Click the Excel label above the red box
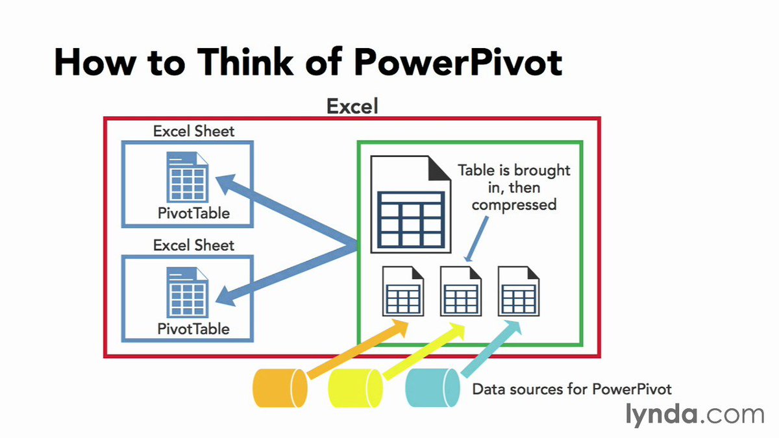(352, 106)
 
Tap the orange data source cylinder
(280, 388)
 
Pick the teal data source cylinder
(432, 388)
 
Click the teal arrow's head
(517, 328)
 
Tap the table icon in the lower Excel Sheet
(188, 293)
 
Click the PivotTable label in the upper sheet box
(193, 213)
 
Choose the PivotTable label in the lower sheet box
(193, 329)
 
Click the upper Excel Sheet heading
(193, 131)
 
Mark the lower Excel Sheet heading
(193, 245)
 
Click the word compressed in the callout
(514, 204)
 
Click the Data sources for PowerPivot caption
(572, 389)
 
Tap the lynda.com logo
(695, 413)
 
